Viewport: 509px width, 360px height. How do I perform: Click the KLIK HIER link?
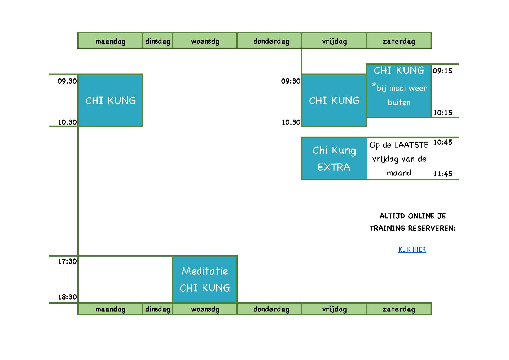[412, 249]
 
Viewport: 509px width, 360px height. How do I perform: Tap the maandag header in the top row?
[110, 41]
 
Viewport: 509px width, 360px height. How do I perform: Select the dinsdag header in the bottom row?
[158, 309]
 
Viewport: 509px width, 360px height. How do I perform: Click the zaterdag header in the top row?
[399, 41]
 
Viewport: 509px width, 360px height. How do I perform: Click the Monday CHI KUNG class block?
[110, 100]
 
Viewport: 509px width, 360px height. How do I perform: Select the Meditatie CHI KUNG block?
[205, 279]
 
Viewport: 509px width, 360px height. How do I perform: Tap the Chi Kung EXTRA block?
[334, 159]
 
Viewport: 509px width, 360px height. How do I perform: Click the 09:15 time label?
[442, 71]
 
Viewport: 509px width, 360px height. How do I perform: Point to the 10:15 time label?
[443, 113]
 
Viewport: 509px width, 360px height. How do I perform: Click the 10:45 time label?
[443, 142]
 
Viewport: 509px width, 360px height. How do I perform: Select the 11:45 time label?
[443, 174]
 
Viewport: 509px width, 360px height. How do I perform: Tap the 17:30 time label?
[67, 261]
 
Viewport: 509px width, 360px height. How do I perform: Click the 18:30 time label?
[67, 297]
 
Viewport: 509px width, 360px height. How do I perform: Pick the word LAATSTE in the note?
[411, 145]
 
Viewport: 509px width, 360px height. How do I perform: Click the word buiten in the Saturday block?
[399, 102]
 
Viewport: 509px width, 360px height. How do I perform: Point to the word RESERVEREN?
[432, 228]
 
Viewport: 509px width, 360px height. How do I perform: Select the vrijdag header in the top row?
[334, 41]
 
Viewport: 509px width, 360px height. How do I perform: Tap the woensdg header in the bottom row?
[205, 309]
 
